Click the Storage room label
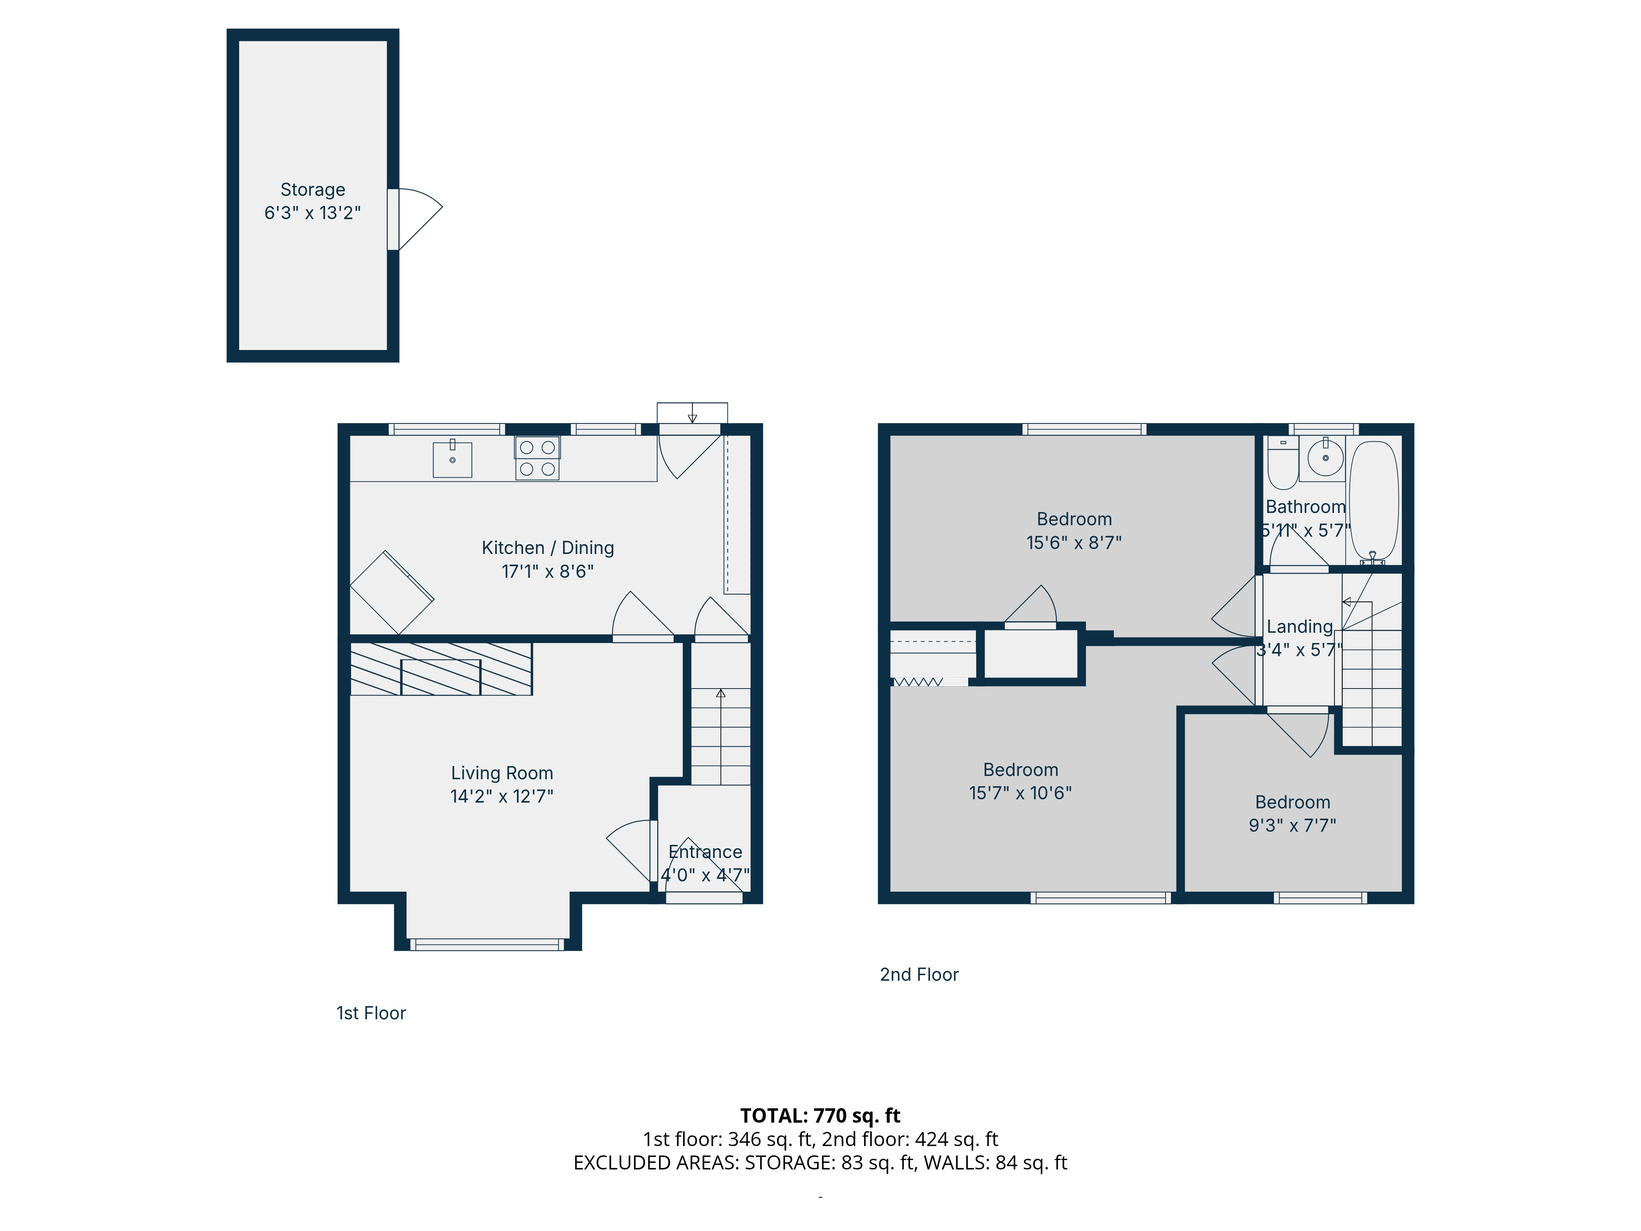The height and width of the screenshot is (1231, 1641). (312, 190)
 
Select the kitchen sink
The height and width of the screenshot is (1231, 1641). (453, 459)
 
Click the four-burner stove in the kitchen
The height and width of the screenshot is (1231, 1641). (537, 458)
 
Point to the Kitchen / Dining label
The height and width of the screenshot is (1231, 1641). (548, 548)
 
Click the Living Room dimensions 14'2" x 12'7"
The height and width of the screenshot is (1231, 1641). (502, 796)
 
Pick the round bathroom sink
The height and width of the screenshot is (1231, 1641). (1325, 457)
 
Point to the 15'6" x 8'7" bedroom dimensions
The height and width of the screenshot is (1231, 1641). (1074, 542)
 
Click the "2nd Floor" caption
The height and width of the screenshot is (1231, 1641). (919, 974)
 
